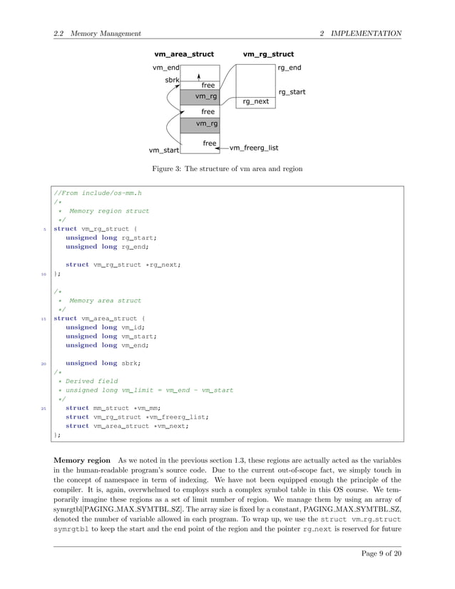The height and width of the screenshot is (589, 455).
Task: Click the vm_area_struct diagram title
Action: click(184, 54)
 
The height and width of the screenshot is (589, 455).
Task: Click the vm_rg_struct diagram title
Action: click(268, 54)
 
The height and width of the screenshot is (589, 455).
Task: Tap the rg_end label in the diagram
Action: click(289, 68)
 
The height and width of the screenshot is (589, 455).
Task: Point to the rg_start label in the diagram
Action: click(292, 92)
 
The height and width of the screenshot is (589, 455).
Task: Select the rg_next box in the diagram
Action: click(256, 101)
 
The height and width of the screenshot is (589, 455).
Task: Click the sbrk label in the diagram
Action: click(172, 81)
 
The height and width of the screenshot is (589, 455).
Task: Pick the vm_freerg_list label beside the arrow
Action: click(254, 148)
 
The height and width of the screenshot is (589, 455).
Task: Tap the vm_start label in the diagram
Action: click(163, 150)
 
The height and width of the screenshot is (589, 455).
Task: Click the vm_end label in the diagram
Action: click(165, 68)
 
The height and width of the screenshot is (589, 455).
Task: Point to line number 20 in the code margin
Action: click(44, 363)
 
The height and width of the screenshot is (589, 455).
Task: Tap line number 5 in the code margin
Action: click(46, 229)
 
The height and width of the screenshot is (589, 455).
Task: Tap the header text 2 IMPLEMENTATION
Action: click(360, 34)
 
